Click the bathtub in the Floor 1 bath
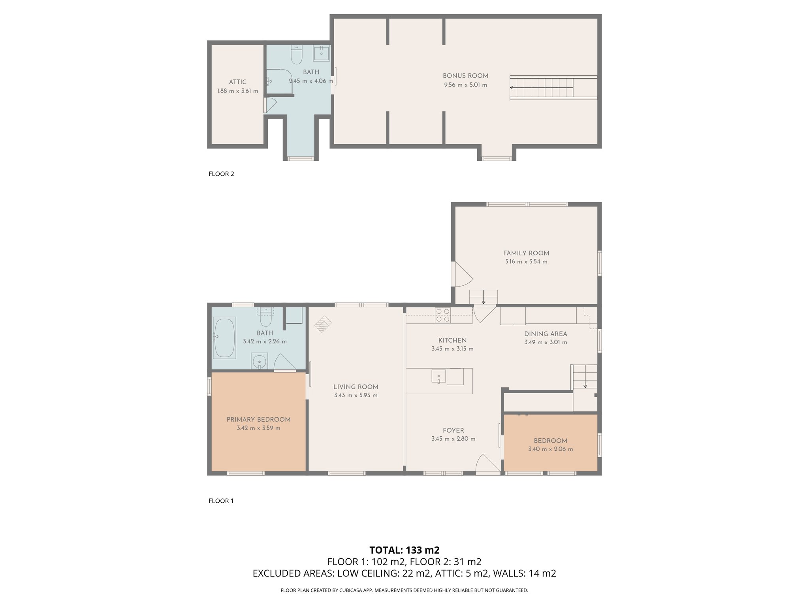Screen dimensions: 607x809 pos(224,338)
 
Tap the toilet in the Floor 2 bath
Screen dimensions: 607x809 pos(296,55)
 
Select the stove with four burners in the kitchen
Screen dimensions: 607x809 pos(442,315)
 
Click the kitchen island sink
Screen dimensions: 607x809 pos(438,376)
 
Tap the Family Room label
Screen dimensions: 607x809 pos(526,253)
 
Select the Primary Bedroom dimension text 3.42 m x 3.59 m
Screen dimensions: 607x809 pos(258,428)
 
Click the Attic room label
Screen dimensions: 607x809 pos(237,82)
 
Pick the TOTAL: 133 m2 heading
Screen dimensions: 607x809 pos(404,550)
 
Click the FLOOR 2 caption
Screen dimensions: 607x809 pos(221,174)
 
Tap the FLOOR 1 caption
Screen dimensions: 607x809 pos(221,501)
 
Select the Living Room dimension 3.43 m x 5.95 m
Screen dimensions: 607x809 pos(356,395)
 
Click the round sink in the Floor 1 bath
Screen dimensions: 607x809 pos(260,361)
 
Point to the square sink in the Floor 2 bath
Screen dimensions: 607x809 pos(322,53)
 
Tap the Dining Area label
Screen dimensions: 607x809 pos(546,334)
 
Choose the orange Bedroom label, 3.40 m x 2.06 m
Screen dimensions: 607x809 pos(550,441)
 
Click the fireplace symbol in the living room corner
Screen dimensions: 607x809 pos(323,324)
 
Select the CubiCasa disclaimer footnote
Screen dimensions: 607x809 pos(404,590)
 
